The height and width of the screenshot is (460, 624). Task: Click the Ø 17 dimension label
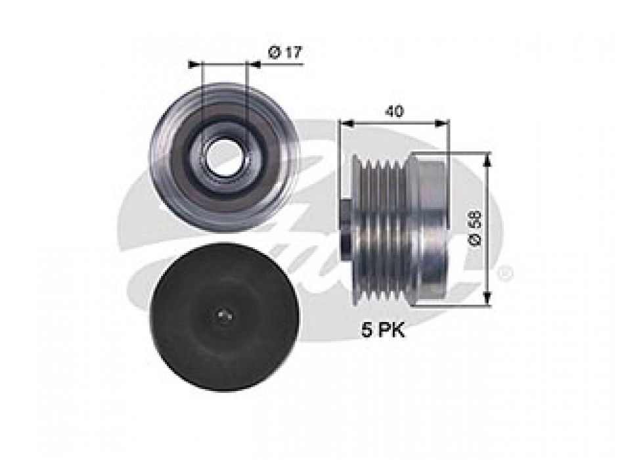286,52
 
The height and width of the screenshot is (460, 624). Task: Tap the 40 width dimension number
394,112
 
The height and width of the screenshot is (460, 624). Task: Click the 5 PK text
383,330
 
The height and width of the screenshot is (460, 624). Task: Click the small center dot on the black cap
223,315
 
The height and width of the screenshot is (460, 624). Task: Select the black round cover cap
225,317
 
